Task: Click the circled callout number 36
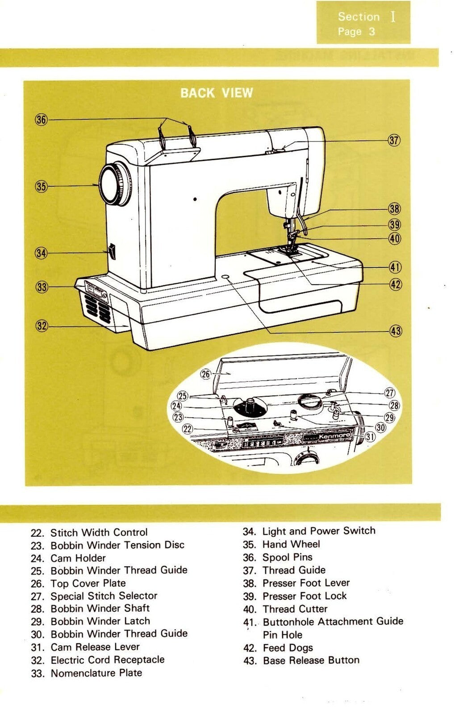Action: [41, 120]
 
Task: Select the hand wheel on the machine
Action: [115, 185]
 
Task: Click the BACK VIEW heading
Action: [217, 93]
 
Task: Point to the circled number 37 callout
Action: [394, 140]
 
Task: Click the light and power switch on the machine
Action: [112, 252]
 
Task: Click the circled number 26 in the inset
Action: [205, 374]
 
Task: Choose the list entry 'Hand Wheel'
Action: [291, 544]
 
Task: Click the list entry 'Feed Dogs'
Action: [288, 648]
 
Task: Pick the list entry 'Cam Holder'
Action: [78, 558]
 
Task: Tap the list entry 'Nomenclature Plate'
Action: [96, 672]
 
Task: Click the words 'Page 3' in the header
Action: [356, 32]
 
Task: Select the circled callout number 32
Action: [42, 326]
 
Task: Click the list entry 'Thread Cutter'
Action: [295, 609]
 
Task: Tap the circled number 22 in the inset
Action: [188, 429]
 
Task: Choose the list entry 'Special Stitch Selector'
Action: [104, 596]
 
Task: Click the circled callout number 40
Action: [395, 238]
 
